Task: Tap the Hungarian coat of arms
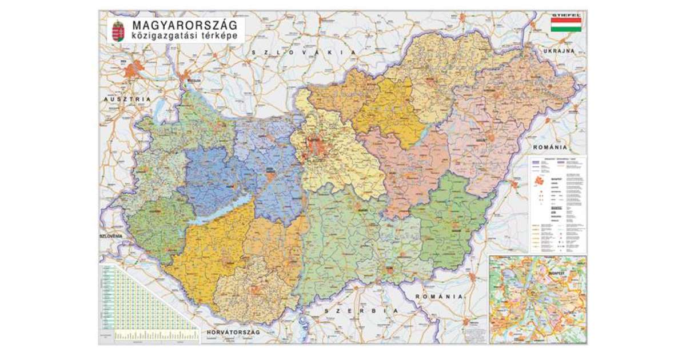pos(118,31)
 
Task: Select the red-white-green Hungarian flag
pos(566,25)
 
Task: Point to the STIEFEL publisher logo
pos(566,14)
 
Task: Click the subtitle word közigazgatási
pos(162,37)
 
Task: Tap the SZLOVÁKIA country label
pos(304,52)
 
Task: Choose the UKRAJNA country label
pos(559,51)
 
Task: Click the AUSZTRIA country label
pos(127,99)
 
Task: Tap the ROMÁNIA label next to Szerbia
pos(439,297)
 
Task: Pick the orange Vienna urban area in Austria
pos(134,70)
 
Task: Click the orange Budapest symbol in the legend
pos(538,181)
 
